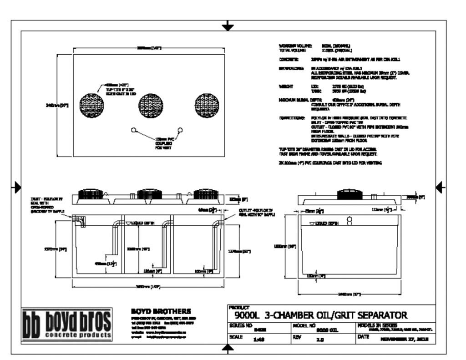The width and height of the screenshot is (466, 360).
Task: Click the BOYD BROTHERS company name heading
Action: click(158, 311)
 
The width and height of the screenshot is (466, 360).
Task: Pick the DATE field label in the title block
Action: click(363, 336)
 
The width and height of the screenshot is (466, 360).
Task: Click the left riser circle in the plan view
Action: click(91, 104)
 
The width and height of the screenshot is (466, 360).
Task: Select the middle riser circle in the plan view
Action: click(150, 104)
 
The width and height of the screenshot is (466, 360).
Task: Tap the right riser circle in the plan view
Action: click(207, 104)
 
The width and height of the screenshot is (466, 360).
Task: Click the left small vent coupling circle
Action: click(134, 130)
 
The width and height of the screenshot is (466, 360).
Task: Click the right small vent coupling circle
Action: click(180, 130)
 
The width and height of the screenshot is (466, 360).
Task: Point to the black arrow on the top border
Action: click(228, 26)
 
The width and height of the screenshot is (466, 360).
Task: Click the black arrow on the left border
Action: click(17, 187)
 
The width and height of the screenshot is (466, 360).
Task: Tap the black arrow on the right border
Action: click(440, 187)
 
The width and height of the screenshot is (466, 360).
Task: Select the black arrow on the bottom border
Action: click(228, 348)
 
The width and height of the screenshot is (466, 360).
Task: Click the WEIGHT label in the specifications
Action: click(287, 86)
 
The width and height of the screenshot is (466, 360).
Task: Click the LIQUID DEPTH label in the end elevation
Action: click(327, 223)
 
